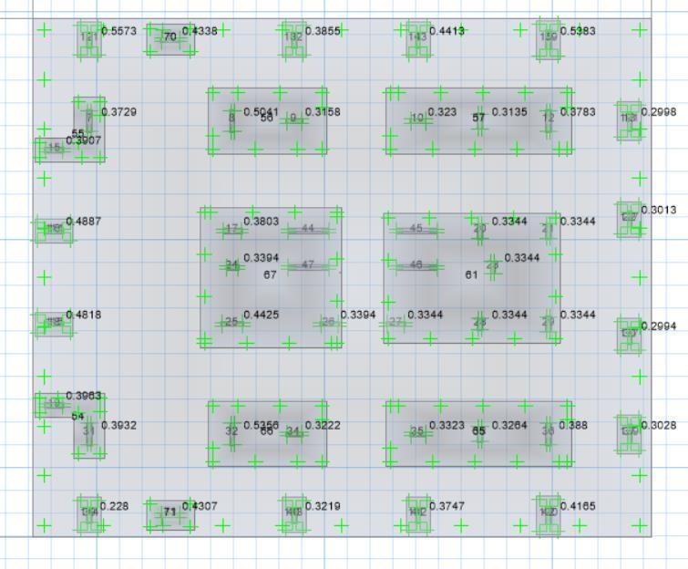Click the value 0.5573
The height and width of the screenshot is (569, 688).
(118, 31)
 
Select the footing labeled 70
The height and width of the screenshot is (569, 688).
(169, 37)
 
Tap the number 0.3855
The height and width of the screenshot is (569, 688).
(323, 31)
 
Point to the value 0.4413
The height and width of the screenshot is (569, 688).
(447, 31)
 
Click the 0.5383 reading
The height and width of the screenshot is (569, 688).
(578, 31)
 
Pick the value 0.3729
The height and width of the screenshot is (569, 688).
(118, 112)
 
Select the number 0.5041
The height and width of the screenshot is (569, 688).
(261, 112)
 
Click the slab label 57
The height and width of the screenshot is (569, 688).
(478, 118)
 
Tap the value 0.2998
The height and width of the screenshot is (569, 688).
(659, 112)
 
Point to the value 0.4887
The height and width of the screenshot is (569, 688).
(84, 222)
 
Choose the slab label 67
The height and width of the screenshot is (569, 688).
(270, 274)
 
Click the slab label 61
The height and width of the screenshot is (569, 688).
(471, 274)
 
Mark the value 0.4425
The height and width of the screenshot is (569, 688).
(261, 316)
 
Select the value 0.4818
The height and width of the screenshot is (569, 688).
(84, 316)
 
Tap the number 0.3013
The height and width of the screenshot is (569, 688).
(659, 211)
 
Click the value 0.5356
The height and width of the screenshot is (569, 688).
(261, 425)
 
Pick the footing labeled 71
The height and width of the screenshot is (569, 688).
(169, 512)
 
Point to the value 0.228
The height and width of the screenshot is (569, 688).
(114, 506)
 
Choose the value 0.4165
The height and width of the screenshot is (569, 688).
(578, 506)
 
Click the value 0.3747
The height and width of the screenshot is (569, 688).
(447, 506)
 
